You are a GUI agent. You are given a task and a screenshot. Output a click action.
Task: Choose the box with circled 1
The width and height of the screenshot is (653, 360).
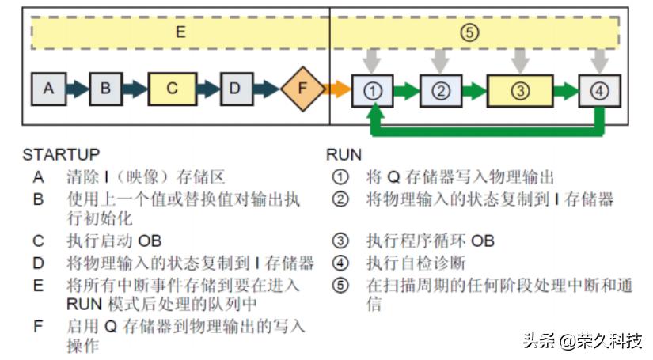372,90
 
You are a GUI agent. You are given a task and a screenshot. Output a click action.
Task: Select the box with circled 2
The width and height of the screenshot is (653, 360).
440,90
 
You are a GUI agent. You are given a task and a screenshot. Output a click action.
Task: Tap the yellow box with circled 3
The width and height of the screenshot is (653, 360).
519,90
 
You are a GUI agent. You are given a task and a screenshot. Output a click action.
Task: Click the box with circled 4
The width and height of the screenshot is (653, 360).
599,90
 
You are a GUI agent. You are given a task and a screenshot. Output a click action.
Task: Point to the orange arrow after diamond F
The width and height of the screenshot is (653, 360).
339,89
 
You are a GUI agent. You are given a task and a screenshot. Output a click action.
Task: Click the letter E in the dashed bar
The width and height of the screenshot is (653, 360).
180,33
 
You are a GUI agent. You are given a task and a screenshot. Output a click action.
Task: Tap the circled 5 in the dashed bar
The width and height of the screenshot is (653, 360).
469,33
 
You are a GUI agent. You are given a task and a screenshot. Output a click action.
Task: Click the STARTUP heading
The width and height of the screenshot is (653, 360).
61,154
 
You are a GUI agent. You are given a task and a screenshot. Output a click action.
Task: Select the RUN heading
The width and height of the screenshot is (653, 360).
344,154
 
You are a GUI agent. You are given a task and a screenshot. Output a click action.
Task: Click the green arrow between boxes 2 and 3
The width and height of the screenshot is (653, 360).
474,90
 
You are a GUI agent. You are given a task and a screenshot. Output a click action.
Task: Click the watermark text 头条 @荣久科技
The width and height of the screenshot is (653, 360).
582,341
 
